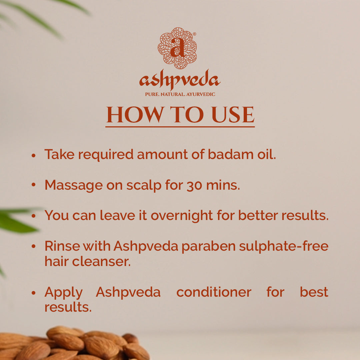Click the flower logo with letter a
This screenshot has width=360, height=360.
click(177, 48)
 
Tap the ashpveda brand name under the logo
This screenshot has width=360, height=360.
click(180, 79)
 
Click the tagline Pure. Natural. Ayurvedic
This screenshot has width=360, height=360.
click(180, 94)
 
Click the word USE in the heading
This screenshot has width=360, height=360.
click(233, 115)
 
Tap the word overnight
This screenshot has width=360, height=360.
click(182, 216)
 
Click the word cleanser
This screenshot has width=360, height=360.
click(101, 262)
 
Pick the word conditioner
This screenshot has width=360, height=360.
click(214, 292)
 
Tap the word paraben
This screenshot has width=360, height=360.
click(208, 247)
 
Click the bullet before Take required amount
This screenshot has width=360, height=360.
click(34, 155)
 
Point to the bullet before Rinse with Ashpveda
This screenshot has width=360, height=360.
click(34, 246)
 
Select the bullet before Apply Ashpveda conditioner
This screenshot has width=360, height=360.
click(34, 293)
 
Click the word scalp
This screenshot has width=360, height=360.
click(144, 186)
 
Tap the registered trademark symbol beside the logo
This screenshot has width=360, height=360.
click(194, 34)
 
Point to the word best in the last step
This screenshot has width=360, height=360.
click(314, 292)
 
